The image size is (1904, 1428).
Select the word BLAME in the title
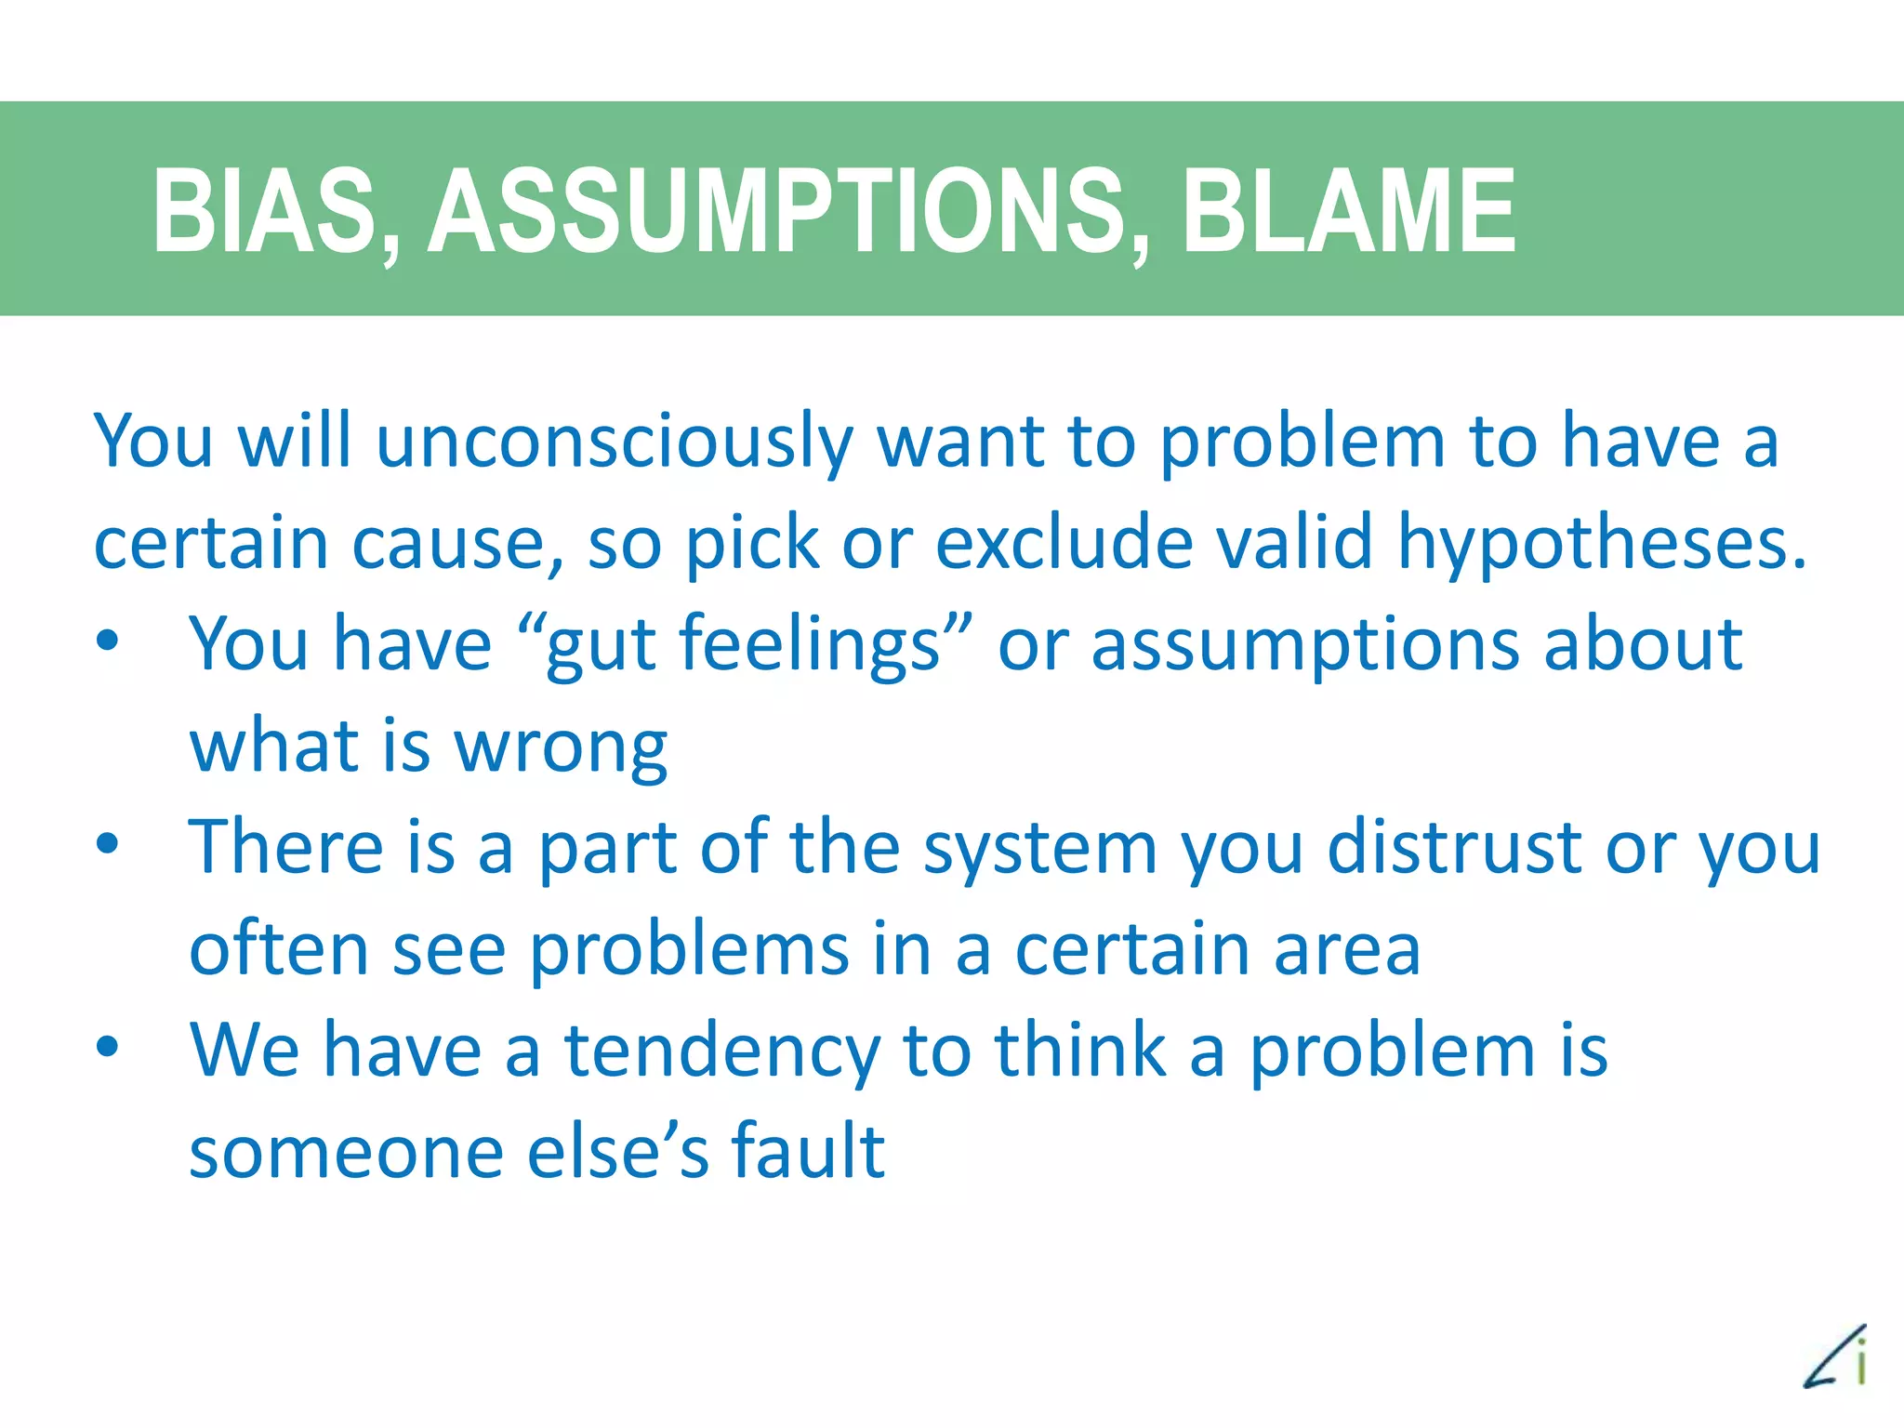pyautogui.click(x=1349, y=211)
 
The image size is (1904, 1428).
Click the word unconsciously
pyautogui.click(x=615, y=443)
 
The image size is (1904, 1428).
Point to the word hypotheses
pyautogui.click(x=1603, y=543)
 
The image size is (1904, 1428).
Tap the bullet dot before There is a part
pyautogui.click(x=108, y=843)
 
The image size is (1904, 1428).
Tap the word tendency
pyautogui.click(x=722, y=1051)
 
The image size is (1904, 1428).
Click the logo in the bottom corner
pyautogui.click(x=1836, y=1356)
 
